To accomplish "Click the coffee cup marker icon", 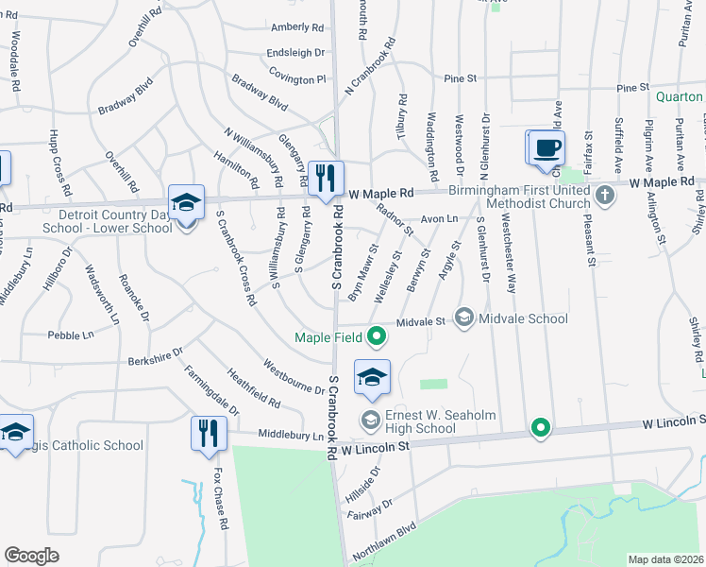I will pyautogui.click(x=546, y=148).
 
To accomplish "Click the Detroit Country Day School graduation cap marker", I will pyautogui.click(x=186, y=202).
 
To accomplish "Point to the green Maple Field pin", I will pyautogui.click(x=377, y=335).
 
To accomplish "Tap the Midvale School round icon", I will pyautogui.click(x=463, y=318).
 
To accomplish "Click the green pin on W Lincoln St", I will pyautogui.click(x=540, y=428).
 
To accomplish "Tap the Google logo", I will pyautogui.click(x=31, y=556).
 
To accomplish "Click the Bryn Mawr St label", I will pyautogui.click(x=362, y=274).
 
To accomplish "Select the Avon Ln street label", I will pyautogui.click(x=439, y=217).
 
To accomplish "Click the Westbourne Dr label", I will pyautogui.click(x=294, y=376).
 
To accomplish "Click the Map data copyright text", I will pyautogui.click(x=665, y=559).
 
